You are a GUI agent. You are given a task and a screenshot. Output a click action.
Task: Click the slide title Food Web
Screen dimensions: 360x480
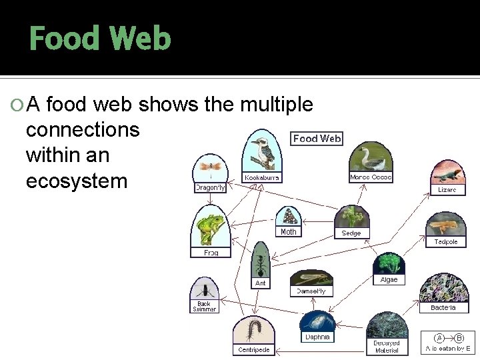tap(100, 39)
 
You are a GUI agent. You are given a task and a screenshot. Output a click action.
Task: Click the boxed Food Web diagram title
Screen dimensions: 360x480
tap(317, 139)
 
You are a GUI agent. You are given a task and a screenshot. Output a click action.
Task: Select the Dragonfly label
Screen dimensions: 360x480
tap(210, 188)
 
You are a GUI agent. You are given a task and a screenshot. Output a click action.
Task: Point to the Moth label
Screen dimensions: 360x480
tap(289, 232)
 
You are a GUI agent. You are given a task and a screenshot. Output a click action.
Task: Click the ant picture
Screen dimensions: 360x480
tap(261, 259)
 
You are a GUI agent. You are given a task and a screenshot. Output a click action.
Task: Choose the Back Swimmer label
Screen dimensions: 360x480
tap(204, 307)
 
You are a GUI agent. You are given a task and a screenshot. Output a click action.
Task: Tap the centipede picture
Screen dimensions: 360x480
tap(254, 330)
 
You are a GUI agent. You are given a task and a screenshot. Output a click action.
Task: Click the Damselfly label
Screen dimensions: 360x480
tap(311, 291)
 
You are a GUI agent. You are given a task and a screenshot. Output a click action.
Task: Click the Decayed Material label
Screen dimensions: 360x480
tap(387, 347)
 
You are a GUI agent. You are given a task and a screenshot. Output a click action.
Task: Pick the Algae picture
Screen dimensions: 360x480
tap(389, 264)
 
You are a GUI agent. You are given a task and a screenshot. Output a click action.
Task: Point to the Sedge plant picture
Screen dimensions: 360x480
tap(351, 217)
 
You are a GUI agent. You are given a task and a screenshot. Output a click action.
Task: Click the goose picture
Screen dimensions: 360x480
tap(371, 158)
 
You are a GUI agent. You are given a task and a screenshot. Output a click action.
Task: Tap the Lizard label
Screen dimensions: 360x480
tap(447, 190)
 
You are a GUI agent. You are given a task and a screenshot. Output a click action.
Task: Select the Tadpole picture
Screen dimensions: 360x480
tap(446, 225)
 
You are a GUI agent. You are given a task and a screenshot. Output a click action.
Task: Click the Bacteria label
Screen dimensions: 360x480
tap(443, 308)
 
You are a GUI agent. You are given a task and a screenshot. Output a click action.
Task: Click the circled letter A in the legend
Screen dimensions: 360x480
tap(439, 338)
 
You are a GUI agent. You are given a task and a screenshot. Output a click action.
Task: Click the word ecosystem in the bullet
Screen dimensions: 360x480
tap(77, 181)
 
